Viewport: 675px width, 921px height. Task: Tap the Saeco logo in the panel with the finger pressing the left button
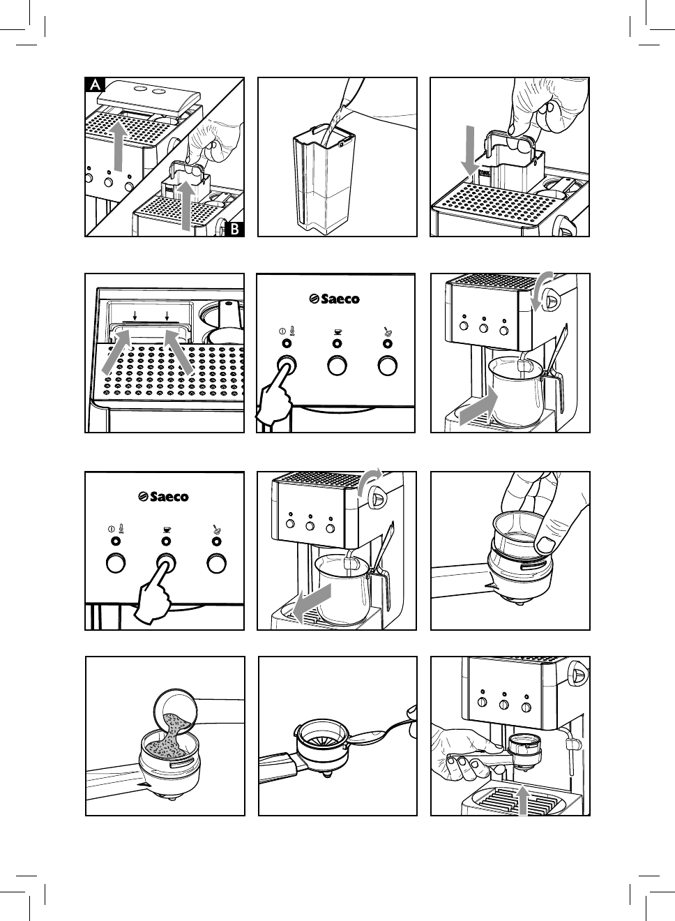(x=335, y=299)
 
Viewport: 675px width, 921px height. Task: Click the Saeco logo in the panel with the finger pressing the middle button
(x=165, y=497)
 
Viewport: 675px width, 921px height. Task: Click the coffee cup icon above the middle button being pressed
(x=166, y=529)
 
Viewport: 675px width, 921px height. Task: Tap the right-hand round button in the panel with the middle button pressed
(x=217, y=562)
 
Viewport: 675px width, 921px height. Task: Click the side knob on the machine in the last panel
(x=576, y=673)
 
